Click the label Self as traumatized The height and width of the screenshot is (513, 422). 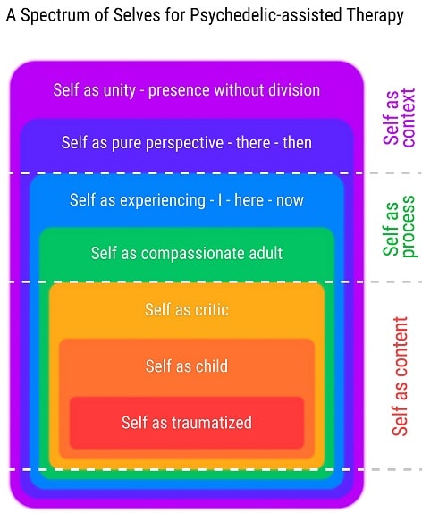coord(187,422)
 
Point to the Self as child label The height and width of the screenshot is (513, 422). coord(187,366)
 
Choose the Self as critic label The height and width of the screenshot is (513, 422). coord(187,309)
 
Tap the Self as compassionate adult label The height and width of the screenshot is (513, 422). coord(187,253)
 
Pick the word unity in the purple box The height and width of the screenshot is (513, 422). coord(120,90)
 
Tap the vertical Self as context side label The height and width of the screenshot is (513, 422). coord(399,118)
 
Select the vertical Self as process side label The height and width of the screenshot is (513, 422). coord(399,227)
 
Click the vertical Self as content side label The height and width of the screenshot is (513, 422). coord(400,376)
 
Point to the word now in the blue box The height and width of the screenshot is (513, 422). coord(290,200)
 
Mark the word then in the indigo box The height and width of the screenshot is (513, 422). coord(297,143)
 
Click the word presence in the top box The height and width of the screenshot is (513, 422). coord(179,90)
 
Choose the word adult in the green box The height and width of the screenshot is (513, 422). coord(266,253)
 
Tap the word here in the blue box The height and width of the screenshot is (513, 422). coord(249,200)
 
